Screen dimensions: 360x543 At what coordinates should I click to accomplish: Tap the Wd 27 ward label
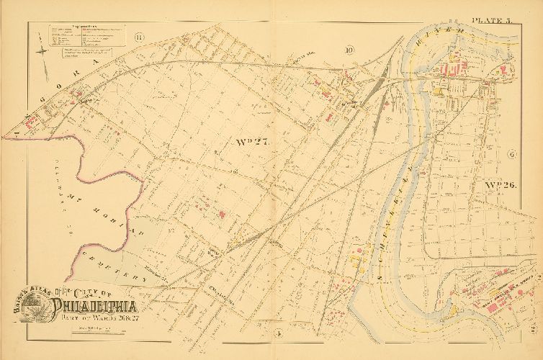tap(251, 141)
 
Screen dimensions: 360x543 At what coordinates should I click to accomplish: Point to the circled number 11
tap(139, 37)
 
